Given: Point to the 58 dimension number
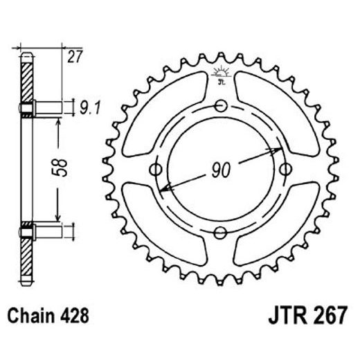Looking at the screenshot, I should point(60,168).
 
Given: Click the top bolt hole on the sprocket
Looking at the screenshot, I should point(222,106).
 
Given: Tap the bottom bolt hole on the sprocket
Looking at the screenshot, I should point(222,232).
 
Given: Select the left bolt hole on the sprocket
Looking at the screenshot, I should point(156,169).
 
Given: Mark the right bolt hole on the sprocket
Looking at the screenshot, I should point(286,169).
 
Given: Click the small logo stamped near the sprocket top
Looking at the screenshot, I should point(222,75).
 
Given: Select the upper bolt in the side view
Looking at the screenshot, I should point(43,107).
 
